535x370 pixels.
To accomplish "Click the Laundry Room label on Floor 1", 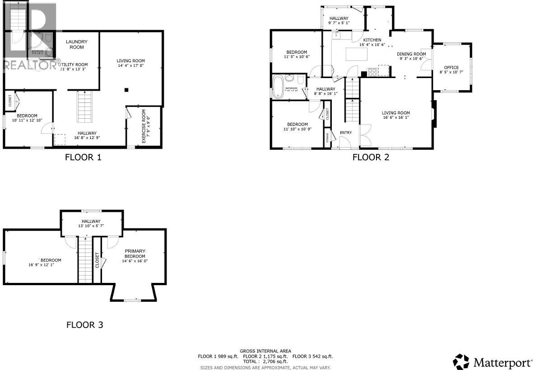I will click(x=76, y=44).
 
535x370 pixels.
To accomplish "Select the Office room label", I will click(x=451, y=68).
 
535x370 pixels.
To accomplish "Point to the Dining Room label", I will click(x=411, y=54).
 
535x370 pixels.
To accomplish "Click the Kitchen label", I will click(x=372, y=40).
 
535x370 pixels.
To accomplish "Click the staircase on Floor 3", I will click(x=85, y=259).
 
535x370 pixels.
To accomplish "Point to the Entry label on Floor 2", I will click(x=346, y=133).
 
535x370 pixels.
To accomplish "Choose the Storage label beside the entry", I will click(x=327, y=138).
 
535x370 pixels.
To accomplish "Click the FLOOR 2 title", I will click(x=371, y=157).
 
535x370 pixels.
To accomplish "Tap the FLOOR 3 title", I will click(x=85, y=324).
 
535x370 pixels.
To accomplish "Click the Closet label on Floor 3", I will click(x=97, y=260).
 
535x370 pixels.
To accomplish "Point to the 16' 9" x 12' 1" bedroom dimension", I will click(x=45, y=265).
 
